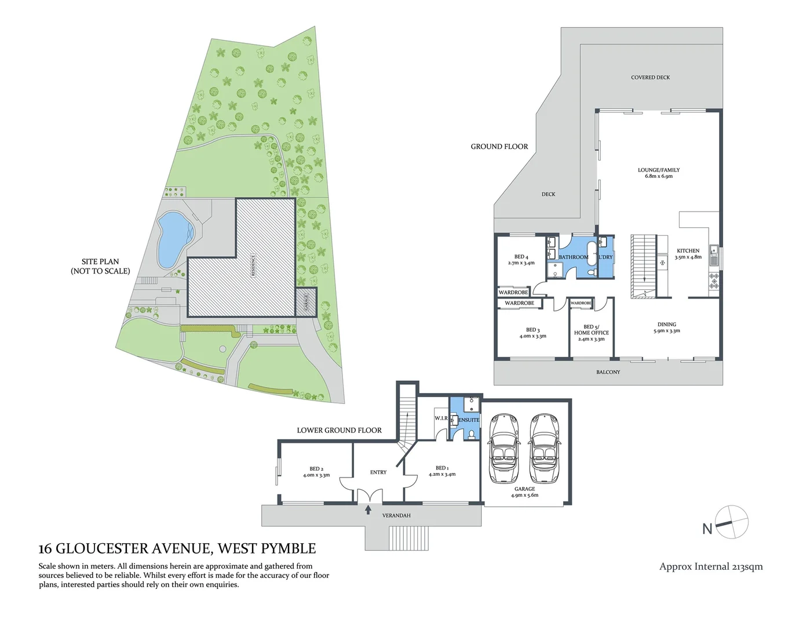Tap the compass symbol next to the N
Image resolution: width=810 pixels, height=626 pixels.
[x=732, y=522]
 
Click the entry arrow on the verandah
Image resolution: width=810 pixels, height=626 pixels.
[x=368, y=509]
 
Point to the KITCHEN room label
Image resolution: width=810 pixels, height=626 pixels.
[x=688, y=251]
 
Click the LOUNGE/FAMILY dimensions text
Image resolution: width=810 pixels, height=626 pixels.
[x=659, y=176]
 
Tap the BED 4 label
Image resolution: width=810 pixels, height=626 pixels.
[x=521, y=257]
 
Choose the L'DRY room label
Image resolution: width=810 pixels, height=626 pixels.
[x=605, y=257]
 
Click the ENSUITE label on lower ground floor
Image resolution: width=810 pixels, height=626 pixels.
[x=469, y=420]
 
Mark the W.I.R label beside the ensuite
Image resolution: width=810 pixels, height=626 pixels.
[x=441, y=418]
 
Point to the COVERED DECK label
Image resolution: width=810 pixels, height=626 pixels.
[x=650, y=77]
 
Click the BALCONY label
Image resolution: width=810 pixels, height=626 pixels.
[x=608, y=372]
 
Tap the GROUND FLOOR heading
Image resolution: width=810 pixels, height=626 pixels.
[x=499, y=147]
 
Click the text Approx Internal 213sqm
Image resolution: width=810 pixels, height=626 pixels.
[x=711, y=566]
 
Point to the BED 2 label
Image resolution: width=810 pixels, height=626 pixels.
[x=316, y=469]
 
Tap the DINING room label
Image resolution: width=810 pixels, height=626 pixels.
[x=666, y=325]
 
